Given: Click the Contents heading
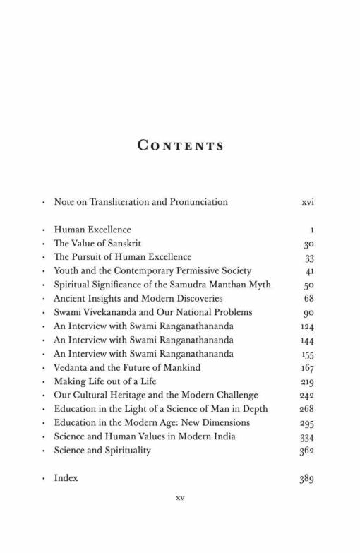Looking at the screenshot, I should pyautogui.click(x=180, y=146).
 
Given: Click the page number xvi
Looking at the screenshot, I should pyautogui.click(x=307, y=202).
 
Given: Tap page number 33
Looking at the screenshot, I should pyautogui.click(x=308, y=257).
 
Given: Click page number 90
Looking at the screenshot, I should pyautogui.click(x=308, y=312).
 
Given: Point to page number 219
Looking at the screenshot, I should pyautogui.click(x=306, y=381).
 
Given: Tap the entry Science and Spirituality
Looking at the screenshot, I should pyautogui.click(x=102, y=450).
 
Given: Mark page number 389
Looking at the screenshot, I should pyautogui.click(x=306, y=479).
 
